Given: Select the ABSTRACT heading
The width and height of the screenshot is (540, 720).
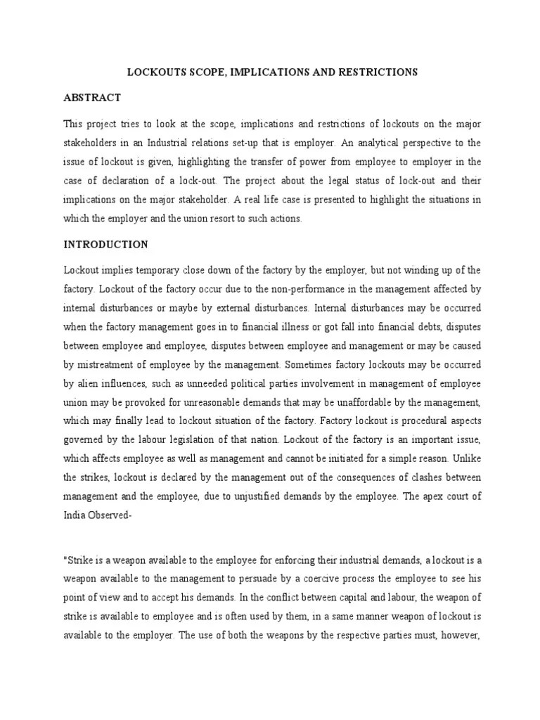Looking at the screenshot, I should coord(92,98).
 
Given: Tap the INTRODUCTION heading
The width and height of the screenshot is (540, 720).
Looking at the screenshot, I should coord(105,245).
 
